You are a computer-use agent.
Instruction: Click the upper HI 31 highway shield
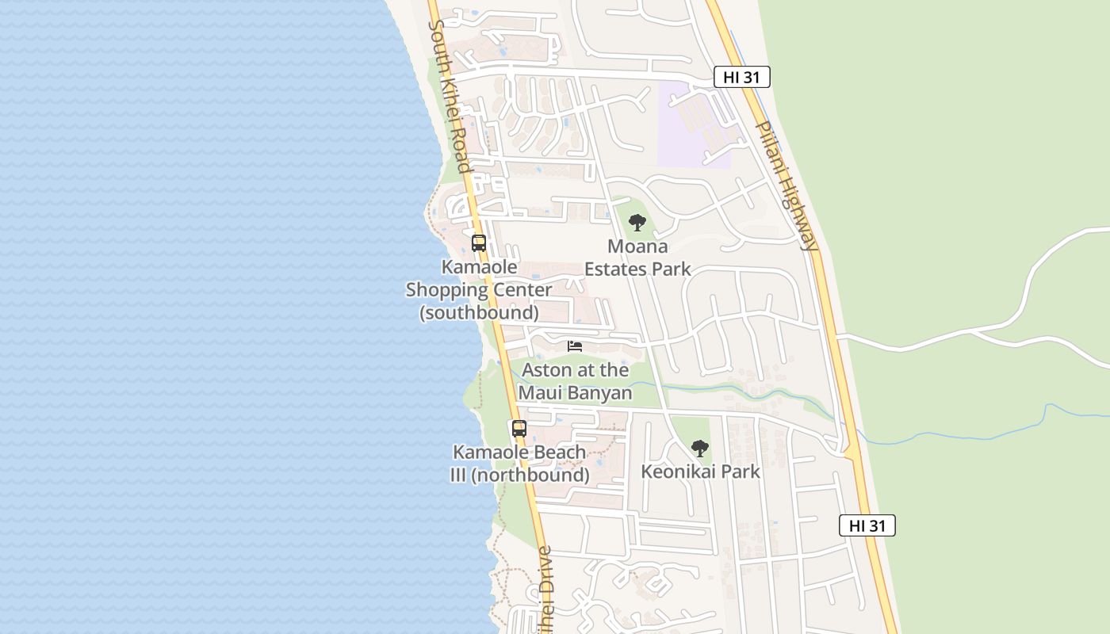(x=741, y=77)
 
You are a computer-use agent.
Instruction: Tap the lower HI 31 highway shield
(x=867, y=525)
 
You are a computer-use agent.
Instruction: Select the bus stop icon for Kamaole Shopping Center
(x=479, y=243)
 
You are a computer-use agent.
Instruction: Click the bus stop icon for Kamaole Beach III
(x=519, y=429)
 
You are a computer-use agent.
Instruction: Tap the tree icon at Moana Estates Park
(x=637, y=223)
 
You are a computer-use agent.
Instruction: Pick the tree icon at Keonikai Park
(x=699, y=449)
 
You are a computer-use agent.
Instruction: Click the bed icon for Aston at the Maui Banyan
(x=575, y=346)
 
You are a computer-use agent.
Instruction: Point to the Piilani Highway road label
(x=786, y=186)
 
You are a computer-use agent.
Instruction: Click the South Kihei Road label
(x=450, y=95)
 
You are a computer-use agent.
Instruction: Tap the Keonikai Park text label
(x=700, y=472)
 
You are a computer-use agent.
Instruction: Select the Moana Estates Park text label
(x=637, y=258)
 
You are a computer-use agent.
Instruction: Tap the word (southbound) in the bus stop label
(x=479, y=313)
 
